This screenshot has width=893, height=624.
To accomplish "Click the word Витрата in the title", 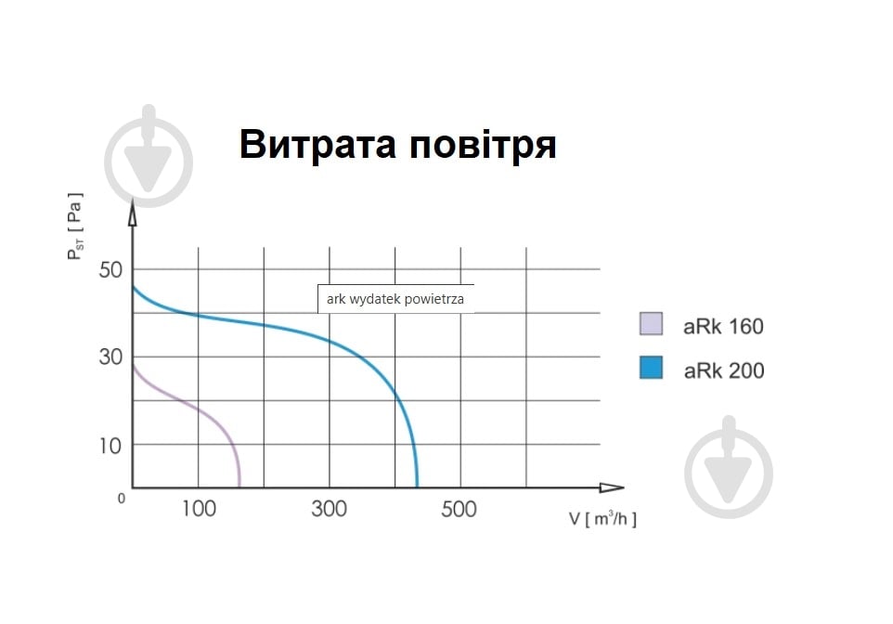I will (318, 146).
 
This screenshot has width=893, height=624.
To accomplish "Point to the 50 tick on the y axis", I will (110, 270).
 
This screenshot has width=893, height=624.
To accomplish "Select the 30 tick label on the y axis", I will (110, 357).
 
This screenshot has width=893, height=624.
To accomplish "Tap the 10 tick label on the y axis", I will (110, 446).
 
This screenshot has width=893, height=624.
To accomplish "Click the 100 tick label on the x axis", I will (198, 509).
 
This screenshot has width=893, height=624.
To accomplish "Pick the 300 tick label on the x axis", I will (330, 509).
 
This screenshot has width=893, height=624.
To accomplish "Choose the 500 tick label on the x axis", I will (459, 509).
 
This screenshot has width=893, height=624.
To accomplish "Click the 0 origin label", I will (122, 499).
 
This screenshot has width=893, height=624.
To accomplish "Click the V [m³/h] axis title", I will (602, 519).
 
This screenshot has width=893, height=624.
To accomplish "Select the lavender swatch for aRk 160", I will (652, 323).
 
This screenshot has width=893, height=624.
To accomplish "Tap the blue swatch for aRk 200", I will (652, 368).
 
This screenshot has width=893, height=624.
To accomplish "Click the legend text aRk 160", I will (724, 326).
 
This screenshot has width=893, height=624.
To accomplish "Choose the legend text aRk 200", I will (724, 370).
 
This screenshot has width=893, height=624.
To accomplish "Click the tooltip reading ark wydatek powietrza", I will (395, 299).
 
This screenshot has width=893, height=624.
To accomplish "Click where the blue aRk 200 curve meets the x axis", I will (417, 486).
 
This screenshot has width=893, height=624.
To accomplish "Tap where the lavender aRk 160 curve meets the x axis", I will (239, 486).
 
